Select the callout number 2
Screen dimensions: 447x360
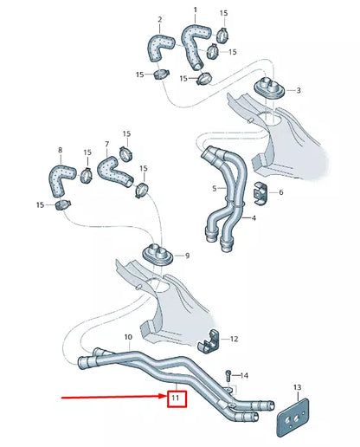pyautogui.click(x=159, y=18)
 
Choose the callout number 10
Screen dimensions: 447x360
pyautogui.click(x=128, y=336)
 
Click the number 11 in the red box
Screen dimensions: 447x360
pyautogui.click(x=177, y=398)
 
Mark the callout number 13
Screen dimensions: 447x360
pyautogui.click(x=296, y=387)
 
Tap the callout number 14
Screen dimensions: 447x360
pyautogui.click(x=245, y=375)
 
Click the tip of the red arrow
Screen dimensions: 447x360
pyautogui.click(x=164, y=398)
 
